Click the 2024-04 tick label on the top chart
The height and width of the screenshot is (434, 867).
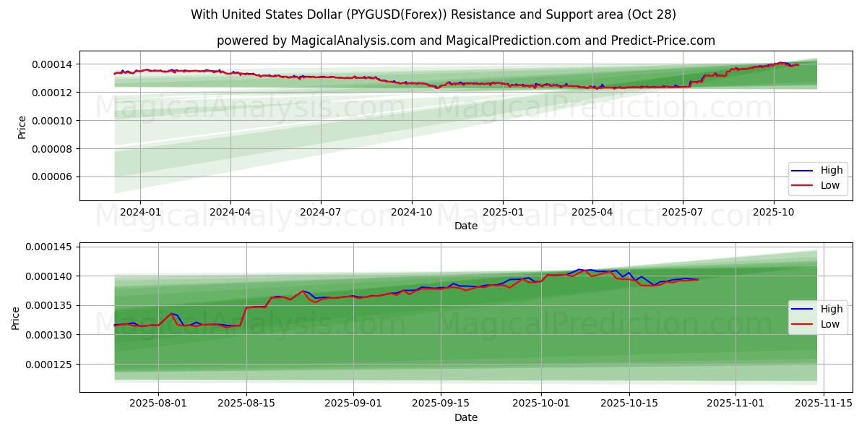pos(230,213)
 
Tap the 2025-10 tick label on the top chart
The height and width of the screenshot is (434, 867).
pos(773,213)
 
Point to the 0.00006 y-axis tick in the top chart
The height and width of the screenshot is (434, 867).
pos(52,177)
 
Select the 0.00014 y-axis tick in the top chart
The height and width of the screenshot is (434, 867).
pos(52,65)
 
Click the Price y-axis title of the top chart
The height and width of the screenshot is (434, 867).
pos(22,127)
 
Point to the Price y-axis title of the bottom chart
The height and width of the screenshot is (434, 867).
pos(16,318)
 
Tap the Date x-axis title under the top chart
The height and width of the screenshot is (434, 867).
pos(466,226)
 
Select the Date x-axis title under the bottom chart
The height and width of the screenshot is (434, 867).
pos(466,417)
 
